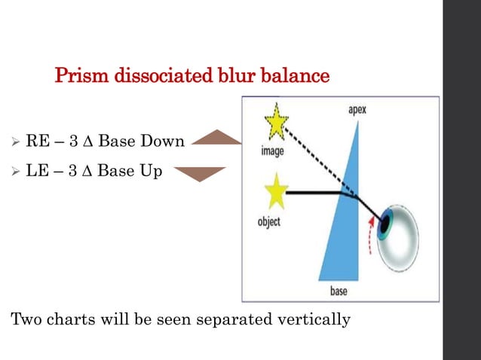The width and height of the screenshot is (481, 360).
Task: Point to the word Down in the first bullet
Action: point(164,140)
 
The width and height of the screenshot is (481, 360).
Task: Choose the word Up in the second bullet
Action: point(152,171)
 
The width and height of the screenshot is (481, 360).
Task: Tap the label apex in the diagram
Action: point(357,108)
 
